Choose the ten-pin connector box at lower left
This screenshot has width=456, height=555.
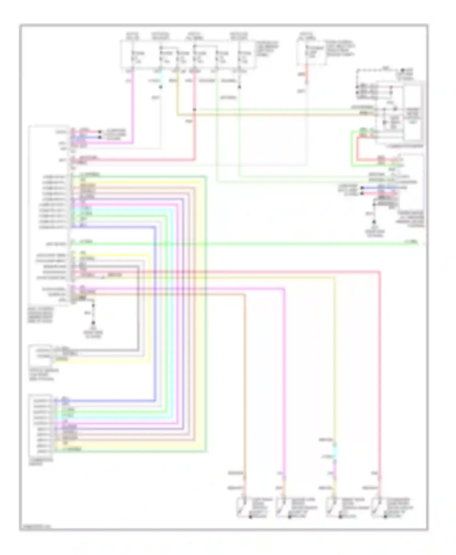[x=40, y=425]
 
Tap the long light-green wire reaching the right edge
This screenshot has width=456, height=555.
[x=274, y=243]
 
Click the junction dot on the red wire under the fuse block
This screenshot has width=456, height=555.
[x=195, y=110]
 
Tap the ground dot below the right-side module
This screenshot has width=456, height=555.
[x=374, y=222]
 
